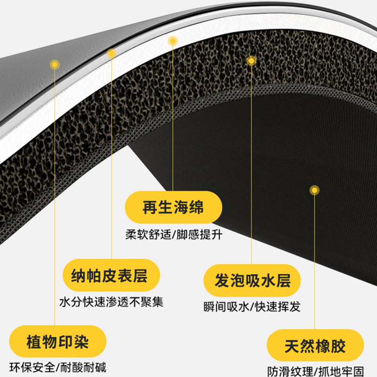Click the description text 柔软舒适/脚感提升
coord(173,234)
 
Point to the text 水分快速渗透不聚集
coord(112,302)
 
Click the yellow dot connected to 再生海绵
coord(173,41)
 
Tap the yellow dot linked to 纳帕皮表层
coord(112,53)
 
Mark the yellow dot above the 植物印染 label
coord(55,64)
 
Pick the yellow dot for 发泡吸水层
coord(251,60)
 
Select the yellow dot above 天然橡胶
coord(314,190)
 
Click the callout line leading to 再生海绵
coord(173,118)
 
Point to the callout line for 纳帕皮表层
coord(112,156)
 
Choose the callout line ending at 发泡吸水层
coord(251,165)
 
